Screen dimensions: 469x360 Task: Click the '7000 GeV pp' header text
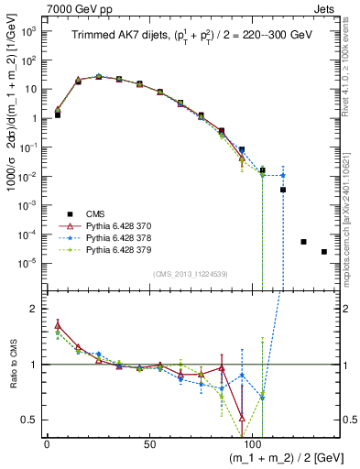click(72, 7)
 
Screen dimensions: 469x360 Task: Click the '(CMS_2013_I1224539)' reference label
click(191, 273)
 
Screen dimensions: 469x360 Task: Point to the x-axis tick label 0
click(47, 444)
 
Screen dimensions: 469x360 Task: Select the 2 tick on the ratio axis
click(35, 310)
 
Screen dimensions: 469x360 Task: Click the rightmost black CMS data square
click(324, 252)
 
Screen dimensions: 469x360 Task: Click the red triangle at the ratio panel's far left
click(58, 325)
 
